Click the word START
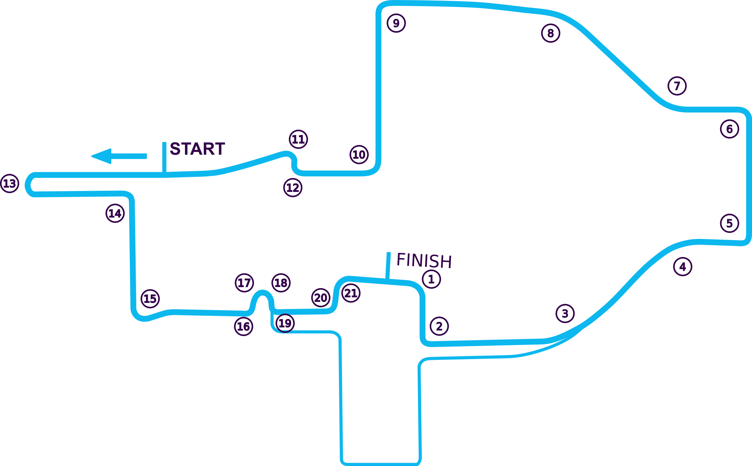click(x=197, y=148)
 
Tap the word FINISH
click(x=424, y=260)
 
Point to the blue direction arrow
click(x=119, y=156)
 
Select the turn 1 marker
click(x=432, y=279)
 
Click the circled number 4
click(x=683, y=267)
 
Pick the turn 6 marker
click(x=729, y=129)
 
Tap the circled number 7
click(x=677, y=86)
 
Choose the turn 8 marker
click(x=550, y=33)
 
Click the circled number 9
click(x=396, y=23)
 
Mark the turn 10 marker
click(x=359, y=154)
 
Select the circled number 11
click(x=298, y=139)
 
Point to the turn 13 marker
click(x=9, y=183)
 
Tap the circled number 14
click(x=115, y=213)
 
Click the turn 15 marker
click(x=150, y=299)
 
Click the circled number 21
click(x=351, y=293)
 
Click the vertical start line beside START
click(x=164, y=159)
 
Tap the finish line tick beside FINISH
click(x=388, y=266)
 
